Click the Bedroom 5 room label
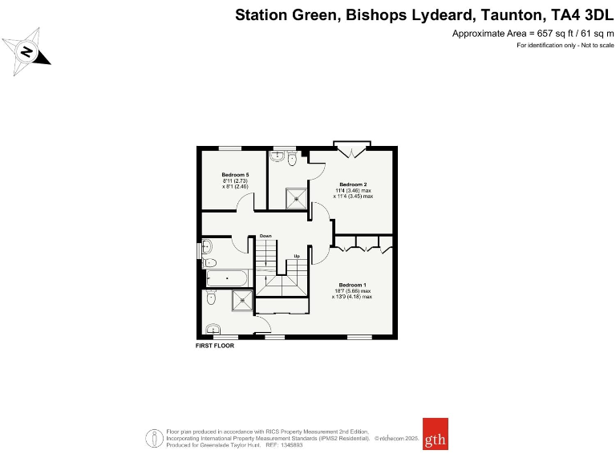click(235, 175)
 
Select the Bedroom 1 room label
click(353, 286)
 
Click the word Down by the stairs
click(265, 236)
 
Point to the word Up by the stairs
click(296, 256)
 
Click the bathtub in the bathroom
click(229, 278)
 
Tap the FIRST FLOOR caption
click(215, 346)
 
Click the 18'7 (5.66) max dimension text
click(353, 291)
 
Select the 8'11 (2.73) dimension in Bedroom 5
click(235, 180)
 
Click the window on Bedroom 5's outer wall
click(231, 148)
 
